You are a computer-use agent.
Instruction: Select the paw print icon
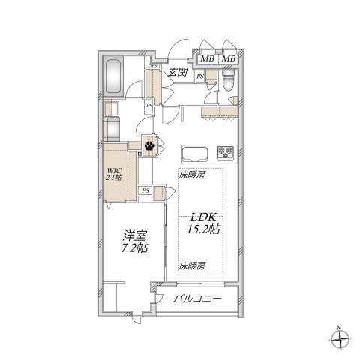(150, 146)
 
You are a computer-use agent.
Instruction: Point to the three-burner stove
(225, 153)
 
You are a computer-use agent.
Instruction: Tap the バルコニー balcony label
(197, 298)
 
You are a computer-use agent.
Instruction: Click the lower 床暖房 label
(192, 265)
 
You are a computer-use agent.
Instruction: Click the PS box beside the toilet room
(200, 76)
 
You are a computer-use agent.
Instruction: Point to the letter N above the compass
(339, 327)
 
